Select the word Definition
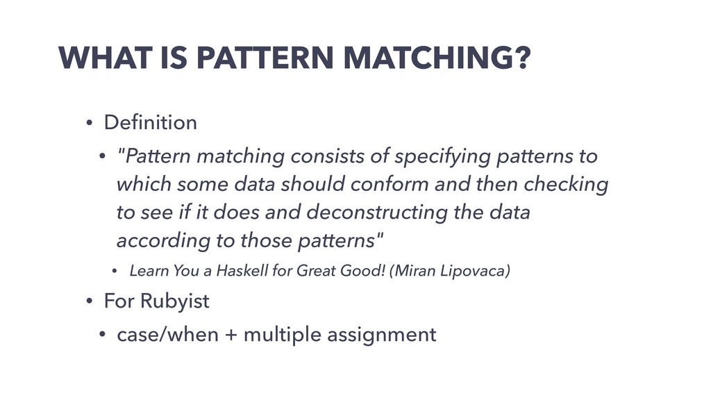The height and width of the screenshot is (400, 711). tap(150, 123)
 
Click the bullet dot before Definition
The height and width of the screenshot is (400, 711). tap(88, 124)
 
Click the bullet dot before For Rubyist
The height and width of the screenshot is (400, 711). tap(88, 303)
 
